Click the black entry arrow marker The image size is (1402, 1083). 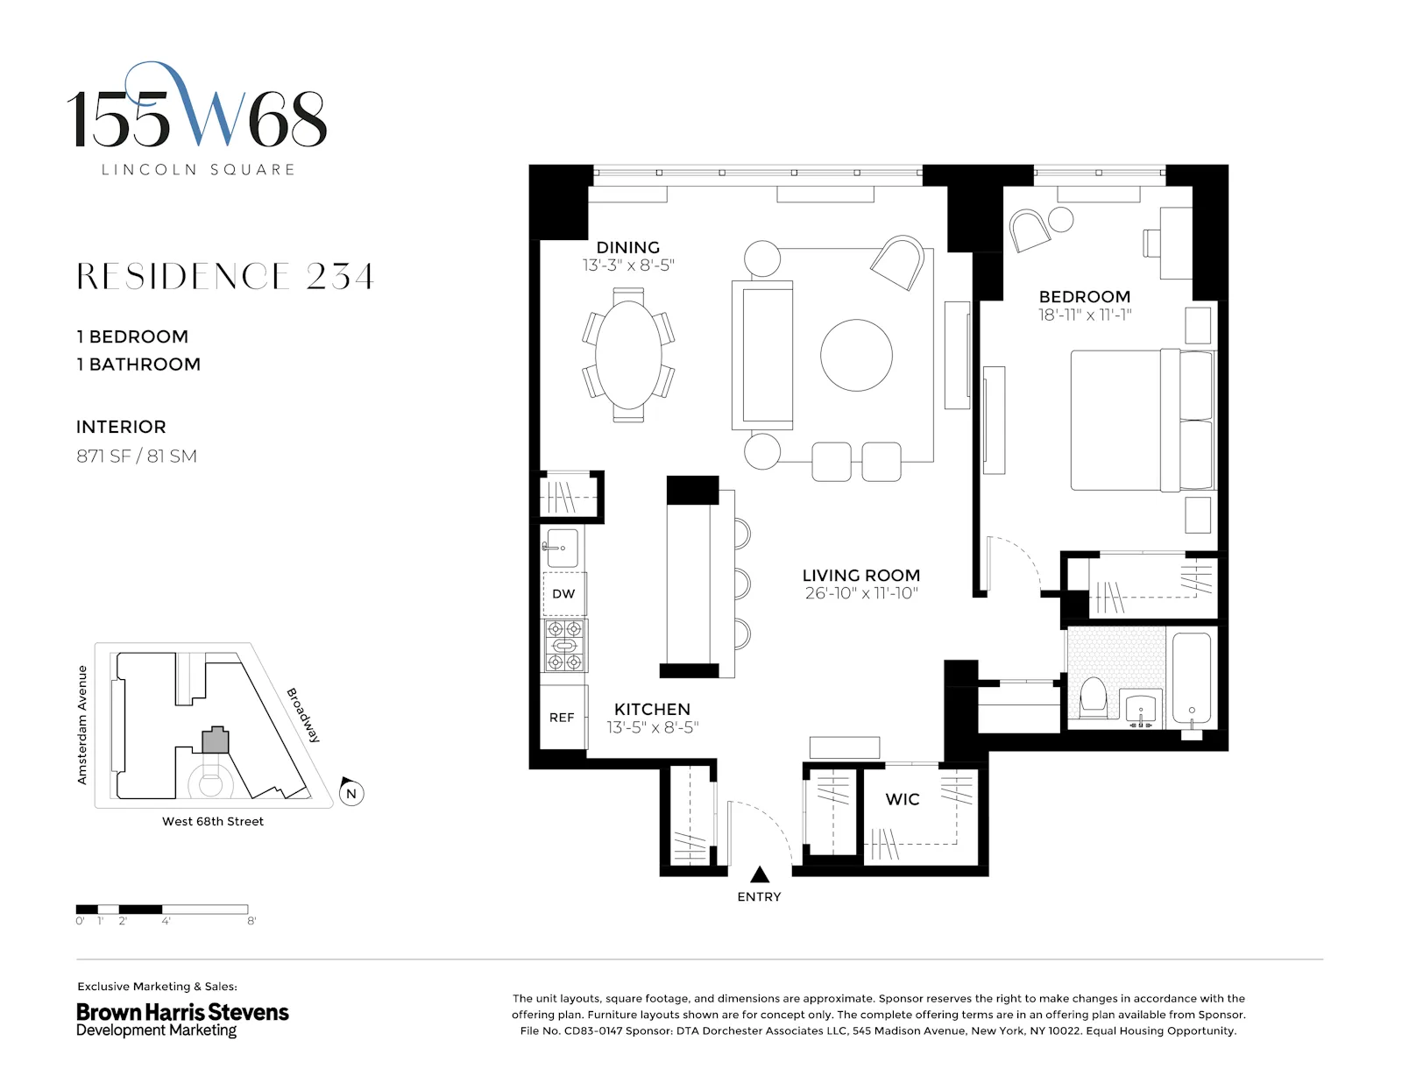point(760,874)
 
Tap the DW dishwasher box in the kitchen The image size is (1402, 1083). point(563,594)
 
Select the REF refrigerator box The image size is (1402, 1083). point(562,718)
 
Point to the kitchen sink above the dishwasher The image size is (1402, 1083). point(562,548)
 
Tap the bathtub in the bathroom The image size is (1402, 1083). point(1192,678)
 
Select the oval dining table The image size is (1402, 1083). point(628,355)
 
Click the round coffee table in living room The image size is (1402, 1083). point(856,355)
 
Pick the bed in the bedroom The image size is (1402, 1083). point(1139,421)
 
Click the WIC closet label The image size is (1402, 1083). point(903,799)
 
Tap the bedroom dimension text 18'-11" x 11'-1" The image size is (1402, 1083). point(1085,315)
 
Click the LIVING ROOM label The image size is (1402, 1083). point(860,575)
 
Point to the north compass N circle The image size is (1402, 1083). point(351,794)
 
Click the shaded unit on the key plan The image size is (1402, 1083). point(216,741)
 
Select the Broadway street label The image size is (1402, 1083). point(303,715)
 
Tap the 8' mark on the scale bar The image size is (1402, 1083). point(251,921)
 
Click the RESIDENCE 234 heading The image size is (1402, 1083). point(225,277)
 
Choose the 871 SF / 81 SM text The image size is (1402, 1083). point(137,456)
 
